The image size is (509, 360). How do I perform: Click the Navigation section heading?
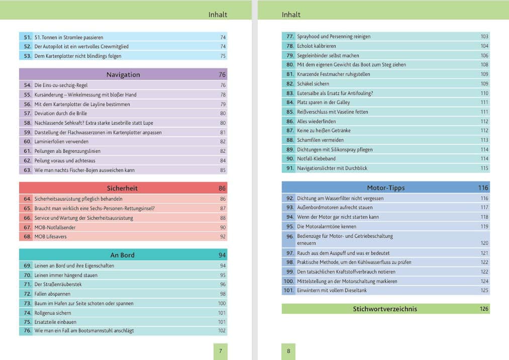pyautogui.click(x=123, y=75)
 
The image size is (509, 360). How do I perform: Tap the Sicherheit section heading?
pyautogui.click(x=122, y=188)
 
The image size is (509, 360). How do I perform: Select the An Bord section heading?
pyautogui.click(x=122, y=255)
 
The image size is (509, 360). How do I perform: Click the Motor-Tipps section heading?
pyautogui.click(x=386, y=188)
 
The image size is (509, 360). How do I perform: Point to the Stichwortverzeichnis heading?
pyautogui.click(x=385, y=309)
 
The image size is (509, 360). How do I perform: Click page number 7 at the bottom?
pyautogui.click(x=221, y=351)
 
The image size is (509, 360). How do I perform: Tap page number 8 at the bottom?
pyautogui.click(x=288, y=351)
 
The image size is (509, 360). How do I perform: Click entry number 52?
pyautogui.click(x=27, y=46)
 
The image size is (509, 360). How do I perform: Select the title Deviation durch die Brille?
pyautogui.click(x=61, y=114)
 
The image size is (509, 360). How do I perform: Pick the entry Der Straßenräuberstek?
pyautogui.click(x=58, y=284)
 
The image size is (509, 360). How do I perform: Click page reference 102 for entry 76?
pyautogui.click(x=222, y=331)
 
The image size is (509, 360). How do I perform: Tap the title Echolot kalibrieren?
pyautogui.click(x=317, y=46)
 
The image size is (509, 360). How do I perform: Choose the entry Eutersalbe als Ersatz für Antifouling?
pyautogui.click(x=335, y=93)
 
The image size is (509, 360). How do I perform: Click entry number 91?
pyautogui.click(x=289, y=168)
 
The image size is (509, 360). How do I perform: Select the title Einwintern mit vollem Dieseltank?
pyautogui.click(x=332, y=291)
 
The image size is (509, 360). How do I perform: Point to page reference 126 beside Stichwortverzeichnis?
pyautogui.click(x=484, y=309)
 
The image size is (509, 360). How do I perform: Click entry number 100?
pyautogui.click(x=288, y=282)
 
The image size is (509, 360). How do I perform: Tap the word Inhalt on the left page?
pyautogui.click(x=218, y=15)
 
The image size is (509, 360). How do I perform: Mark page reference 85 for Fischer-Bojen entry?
pyautogui.click(x=223, y=170)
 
